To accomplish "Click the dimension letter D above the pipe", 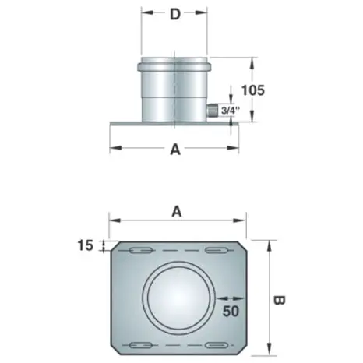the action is click(x=175, y=15).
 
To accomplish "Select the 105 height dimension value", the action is click(x=253, y=90).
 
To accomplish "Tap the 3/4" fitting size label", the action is click(x=230, y=111).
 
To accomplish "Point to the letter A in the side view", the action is click(x=175, y=150).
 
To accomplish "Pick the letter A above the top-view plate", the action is click(x=177, y=212).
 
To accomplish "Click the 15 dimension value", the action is click(x=85, y=245).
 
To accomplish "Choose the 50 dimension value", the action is click(x=231, y=311).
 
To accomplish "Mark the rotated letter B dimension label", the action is click(x=280, y=301).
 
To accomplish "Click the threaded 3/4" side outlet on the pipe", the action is click(x=212, y=111).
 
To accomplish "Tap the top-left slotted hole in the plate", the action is click(x=140, y=251).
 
